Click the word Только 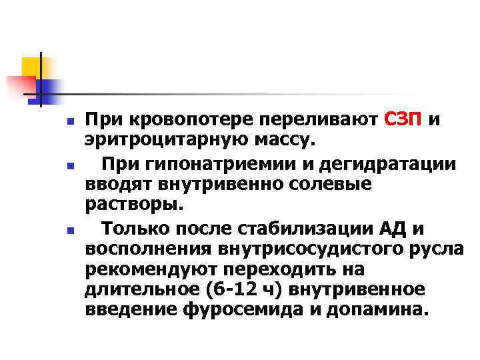tap(134, 230)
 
